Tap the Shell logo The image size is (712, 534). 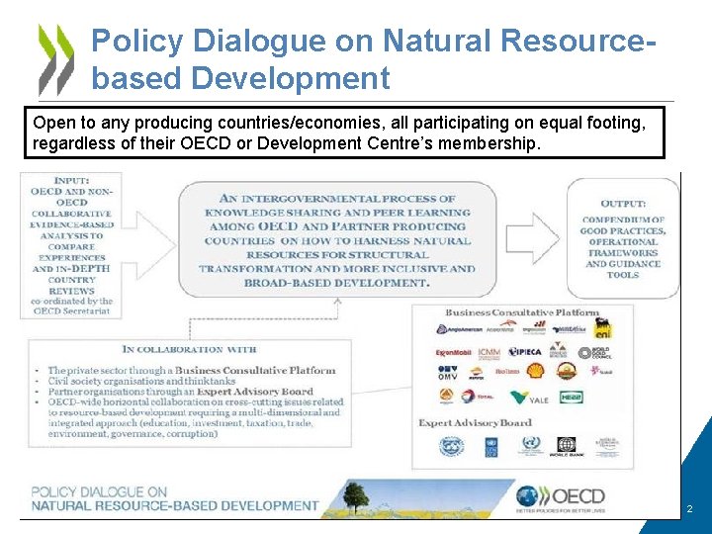coord(535,372)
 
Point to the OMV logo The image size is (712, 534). coord(448,373)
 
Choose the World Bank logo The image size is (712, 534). coord(566,448)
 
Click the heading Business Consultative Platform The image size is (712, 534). coord(522,312)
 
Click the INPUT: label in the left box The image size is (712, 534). coord(71,180)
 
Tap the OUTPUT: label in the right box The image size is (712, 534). coord(623,204)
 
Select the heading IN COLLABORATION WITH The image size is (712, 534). coord(189,349)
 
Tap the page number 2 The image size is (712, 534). coord(689,509)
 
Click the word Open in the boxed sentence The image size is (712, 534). coord(52,124)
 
